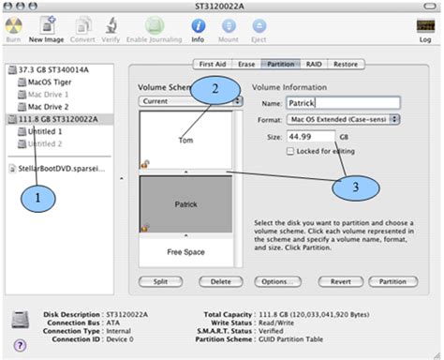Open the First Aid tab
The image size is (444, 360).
click(211, 64)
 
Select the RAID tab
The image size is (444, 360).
click(314, 64)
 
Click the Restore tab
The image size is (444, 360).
click(346, 64)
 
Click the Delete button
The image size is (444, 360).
click(221, 280)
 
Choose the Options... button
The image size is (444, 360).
click(274, 280)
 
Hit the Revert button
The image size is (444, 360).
click(339, 280)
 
